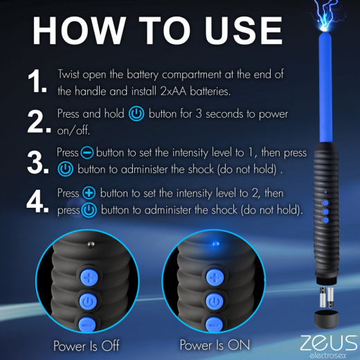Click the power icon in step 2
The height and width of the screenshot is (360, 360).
[x=136, y=114]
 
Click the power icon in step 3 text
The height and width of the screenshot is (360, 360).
[x=64, y=168]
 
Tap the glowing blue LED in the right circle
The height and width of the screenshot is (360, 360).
[x=215, y=244]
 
